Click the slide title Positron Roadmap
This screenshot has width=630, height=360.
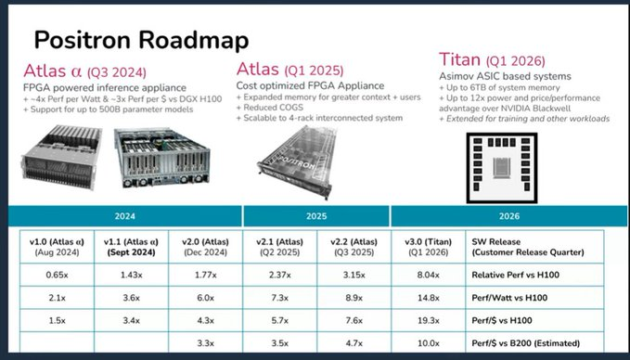[141, 41]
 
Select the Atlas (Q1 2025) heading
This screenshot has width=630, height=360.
[289, 70]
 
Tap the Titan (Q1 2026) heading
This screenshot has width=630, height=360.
[492, 60]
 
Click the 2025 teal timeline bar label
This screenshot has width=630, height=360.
[316, 216]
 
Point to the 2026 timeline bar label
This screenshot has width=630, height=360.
[509, 216]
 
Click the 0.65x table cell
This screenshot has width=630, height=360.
[57, 276]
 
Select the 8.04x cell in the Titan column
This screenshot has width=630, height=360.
[428, 276]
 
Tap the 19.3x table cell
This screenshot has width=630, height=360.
[428, 321]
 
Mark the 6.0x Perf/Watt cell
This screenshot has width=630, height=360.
[205, 298]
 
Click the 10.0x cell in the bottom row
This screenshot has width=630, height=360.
[428, 343]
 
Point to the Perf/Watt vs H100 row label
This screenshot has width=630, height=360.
[509, 298]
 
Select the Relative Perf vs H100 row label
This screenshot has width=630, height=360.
[516, 276]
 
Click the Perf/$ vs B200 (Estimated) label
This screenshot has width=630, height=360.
[525, 343]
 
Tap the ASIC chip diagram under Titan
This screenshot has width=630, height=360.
[501, 168]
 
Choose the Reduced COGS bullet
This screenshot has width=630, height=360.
[270, 108]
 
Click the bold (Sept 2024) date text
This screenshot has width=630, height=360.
[131, 252]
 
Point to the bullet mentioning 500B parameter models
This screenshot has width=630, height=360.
[108, 109]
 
